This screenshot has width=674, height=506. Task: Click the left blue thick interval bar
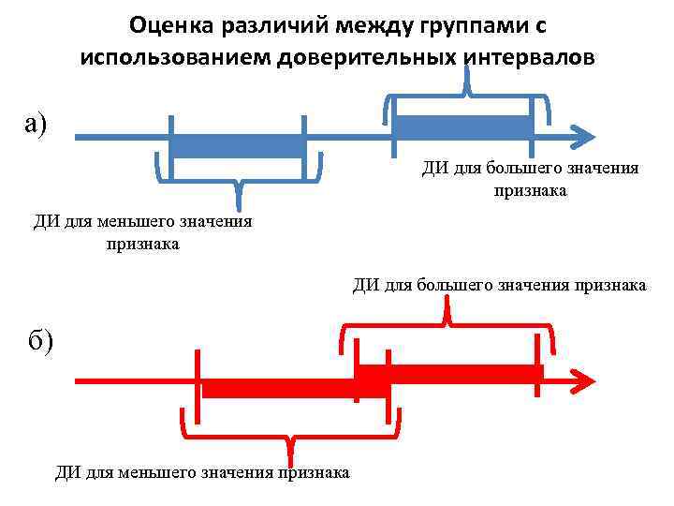(x=238, y=146)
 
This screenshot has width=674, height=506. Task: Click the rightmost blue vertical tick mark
(x=532, y=125)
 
